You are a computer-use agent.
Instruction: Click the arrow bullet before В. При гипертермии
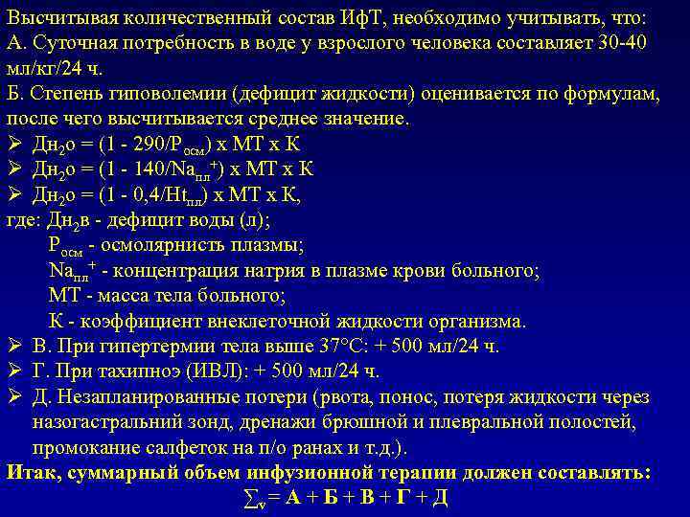13,346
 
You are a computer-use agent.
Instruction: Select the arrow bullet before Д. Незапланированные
13,396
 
